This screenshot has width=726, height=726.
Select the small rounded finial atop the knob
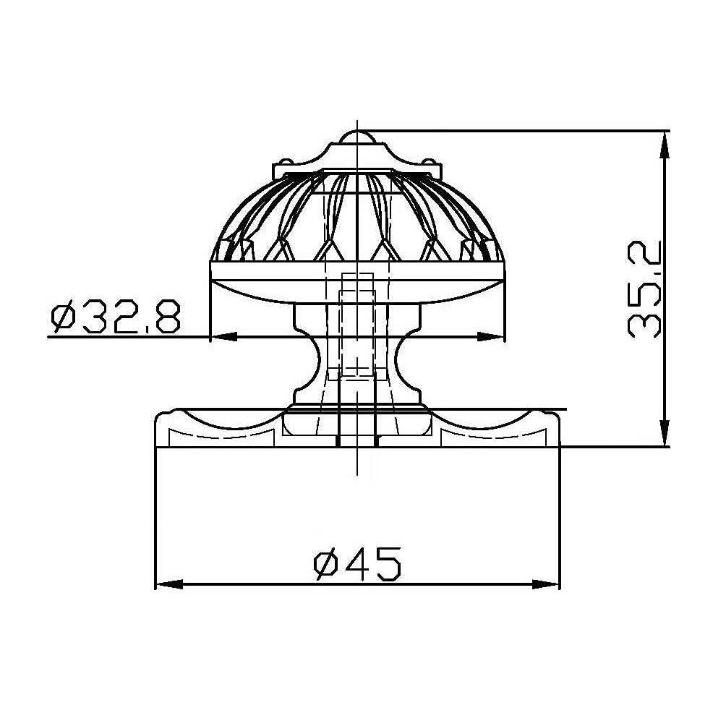[x=356, y=137]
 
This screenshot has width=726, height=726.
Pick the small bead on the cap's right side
[x=430, y=161]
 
